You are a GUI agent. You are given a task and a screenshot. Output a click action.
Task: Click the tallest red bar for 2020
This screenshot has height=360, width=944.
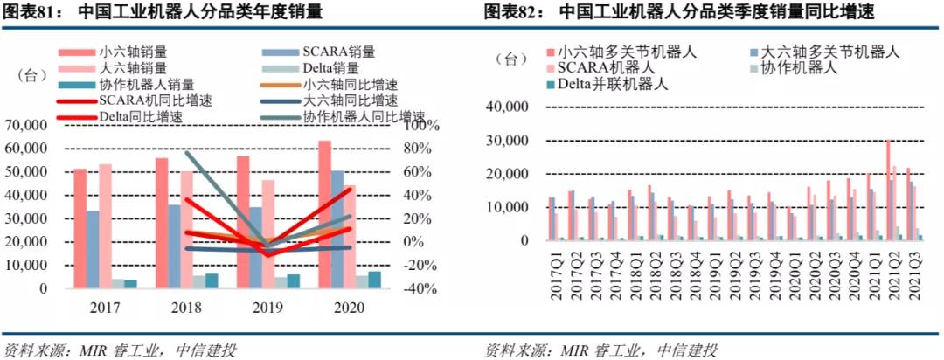click(324, 214)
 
